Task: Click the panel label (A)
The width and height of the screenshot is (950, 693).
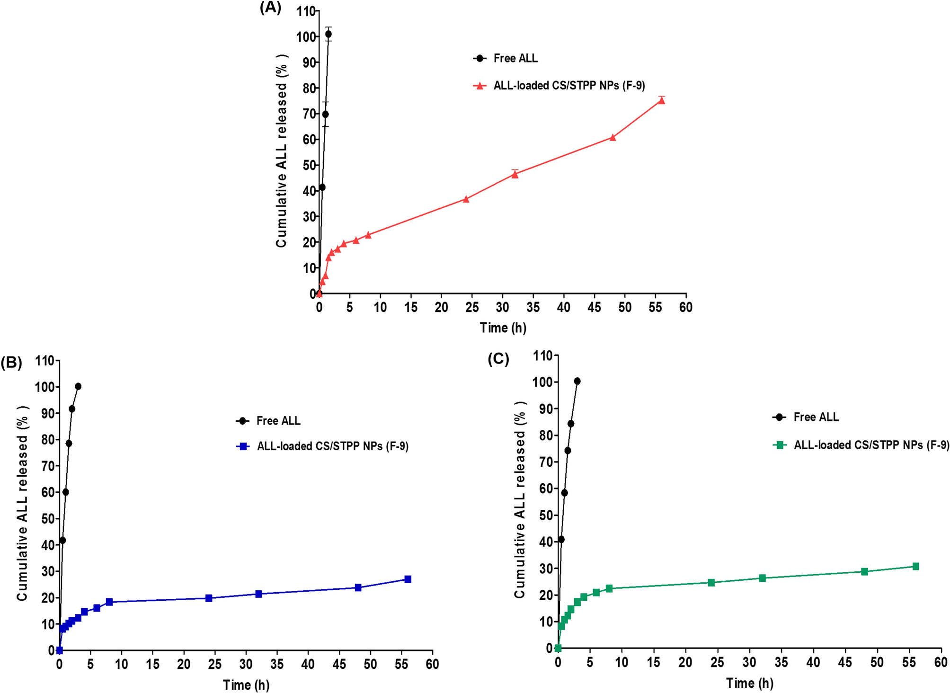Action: [270, 8]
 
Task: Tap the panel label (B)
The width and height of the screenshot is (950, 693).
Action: [11, 363]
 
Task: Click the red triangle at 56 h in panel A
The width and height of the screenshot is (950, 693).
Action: [661, 100]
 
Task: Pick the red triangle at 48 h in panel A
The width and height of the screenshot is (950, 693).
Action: [613, 137]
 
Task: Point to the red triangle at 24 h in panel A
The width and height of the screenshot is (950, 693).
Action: [466, 199]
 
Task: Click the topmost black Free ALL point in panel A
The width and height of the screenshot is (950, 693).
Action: [328, 34]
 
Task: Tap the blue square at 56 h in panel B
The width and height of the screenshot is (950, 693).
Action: [408, 579]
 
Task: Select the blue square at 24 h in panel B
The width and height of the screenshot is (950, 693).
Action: [209, 598]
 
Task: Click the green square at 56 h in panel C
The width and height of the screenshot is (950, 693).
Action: [915, 567]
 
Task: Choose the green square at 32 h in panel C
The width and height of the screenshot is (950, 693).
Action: [762, 578]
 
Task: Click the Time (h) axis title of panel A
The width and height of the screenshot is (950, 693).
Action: [503, 328]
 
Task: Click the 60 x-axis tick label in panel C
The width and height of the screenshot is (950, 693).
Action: [941, 662]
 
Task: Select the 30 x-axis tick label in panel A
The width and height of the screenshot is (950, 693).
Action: [502, 307]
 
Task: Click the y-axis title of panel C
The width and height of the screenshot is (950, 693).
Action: [520, 499]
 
